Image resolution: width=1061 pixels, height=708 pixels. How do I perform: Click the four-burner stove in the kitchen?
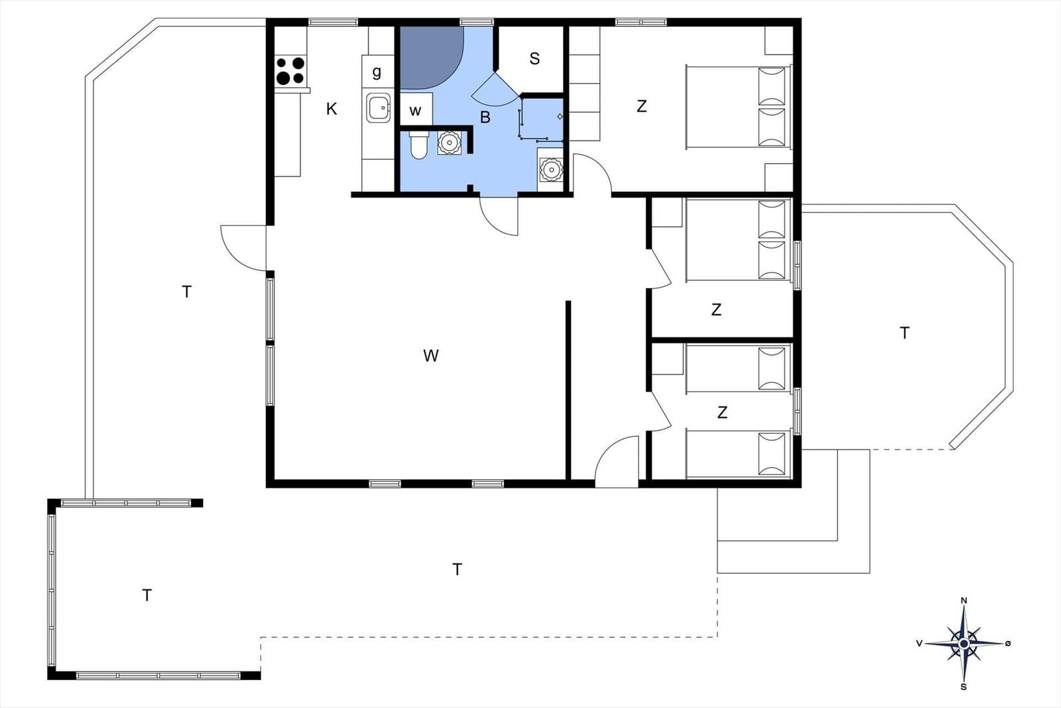(290, 70)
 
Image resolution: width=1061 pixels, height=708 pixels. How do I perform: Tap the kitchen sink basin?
(379, 108)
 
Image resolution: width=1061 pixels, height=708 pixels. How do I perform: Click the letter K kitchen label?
(332, 109)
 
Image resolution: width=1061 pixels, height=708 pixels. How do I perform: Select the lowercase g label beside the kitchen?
(377, 72)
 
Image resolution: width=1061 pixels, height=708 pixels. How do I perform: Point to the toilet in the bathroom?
(418, 145)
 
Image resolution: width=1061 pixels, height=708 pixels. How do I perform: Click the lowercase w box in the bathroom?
(415, 109)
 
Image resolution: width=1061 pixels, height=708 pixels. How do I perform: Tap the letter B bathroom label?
(485, 117)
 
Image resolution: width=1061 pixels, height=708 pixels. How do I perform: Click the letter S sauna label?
(534, 59)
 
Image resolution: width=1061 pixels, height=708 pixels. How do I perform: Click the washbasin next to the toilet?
(448, 142)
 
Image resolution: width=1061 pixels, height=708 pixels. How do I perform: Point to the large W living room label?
(431, 356)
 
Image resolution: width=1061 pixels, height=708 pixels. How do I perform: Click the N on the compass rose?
(964, 601)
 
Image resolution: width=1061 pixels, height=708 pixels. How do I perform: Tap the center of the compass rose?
(964, 644)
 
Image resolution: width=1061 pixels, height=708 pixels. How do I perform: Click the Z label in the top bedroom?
(642, 106)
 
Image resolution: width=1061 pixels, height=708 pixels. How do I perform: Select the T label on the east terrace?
(905, 333)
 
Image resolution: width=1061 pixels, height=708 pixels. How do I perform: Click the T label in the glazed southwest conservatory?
(147, 595)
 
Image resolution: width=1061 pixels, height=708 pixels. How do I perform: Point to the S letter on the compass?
(964, 687)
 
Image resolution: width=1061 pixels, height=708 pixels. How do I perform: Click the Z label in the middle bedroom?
(716, 309)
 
